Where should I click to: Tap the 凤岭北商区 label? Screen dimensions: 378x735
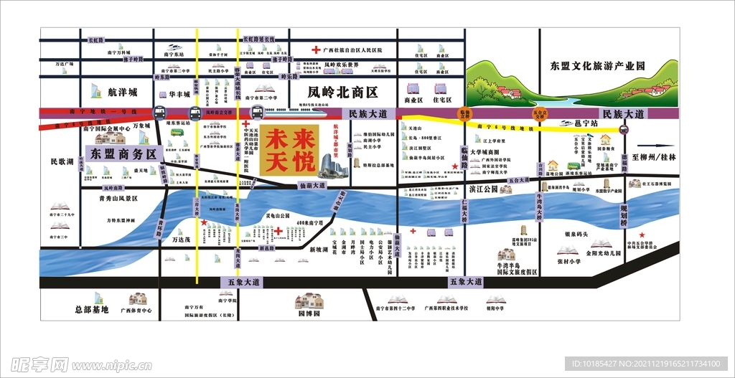tap(342, 93)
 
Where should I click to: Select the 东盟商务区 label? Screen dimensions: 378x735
tap(123, 153)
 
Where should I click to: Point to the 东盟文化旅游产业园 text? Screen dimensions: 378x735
tap(597, 66)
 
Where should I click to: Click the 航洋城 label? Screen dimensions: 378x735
tap(121, 93)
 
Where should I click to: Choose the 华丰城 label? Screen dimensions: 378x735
tap(180, 94)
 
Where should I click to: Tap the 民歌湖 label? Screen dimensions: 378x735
tap(62, 162)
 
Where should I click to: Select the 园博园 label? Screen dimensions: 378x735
tap(309, 313)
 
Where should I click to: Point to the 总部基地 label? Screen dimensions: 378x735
tap(91, 310)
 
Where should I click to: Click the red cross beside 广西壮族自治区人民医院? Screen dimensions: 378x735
tap(315, 50)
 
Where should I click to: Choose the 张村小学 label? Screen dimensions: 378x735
tap(568, 261)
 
